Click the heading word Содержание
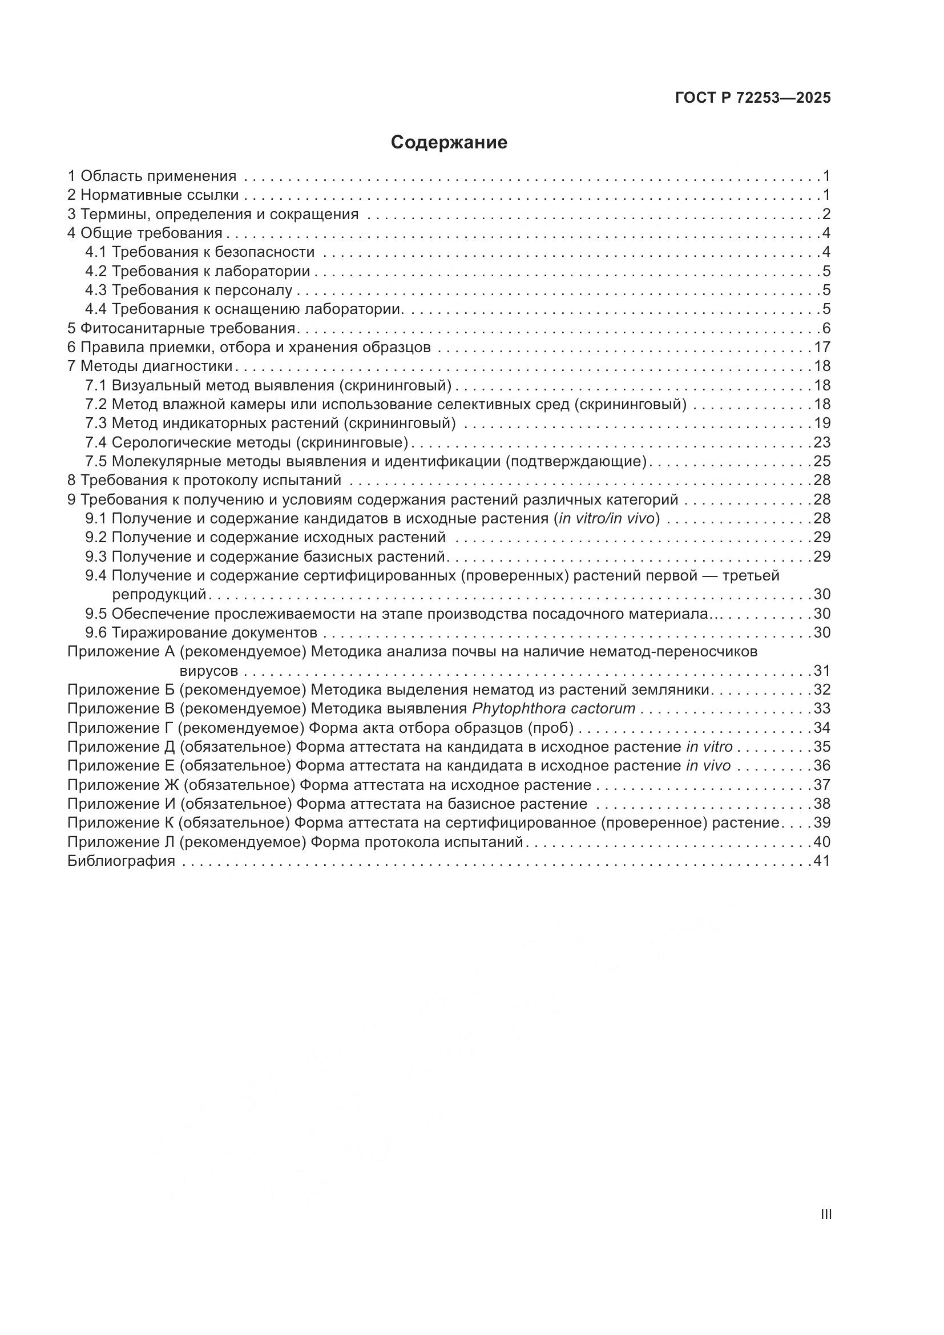[x=449, y=143]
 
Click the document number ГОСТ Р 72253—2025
[x=753, y=98]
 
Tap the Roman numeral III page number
[x=826, y=1214]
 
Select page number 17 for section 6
[x=822, y=348]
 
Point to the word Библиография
[x=121, y=861]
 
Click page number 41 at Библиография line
[x=822, y=861]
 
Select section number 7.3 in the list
[x=96, y=424]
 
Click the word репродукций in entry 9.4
[x=159, y=595]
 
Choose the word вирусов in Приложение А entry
[x=209, y=671]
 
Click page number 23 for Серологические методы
[x=822, y=442]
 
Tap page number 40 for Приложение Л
[x=822, y=842]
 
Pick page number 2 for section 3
[x=826, y=215]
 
